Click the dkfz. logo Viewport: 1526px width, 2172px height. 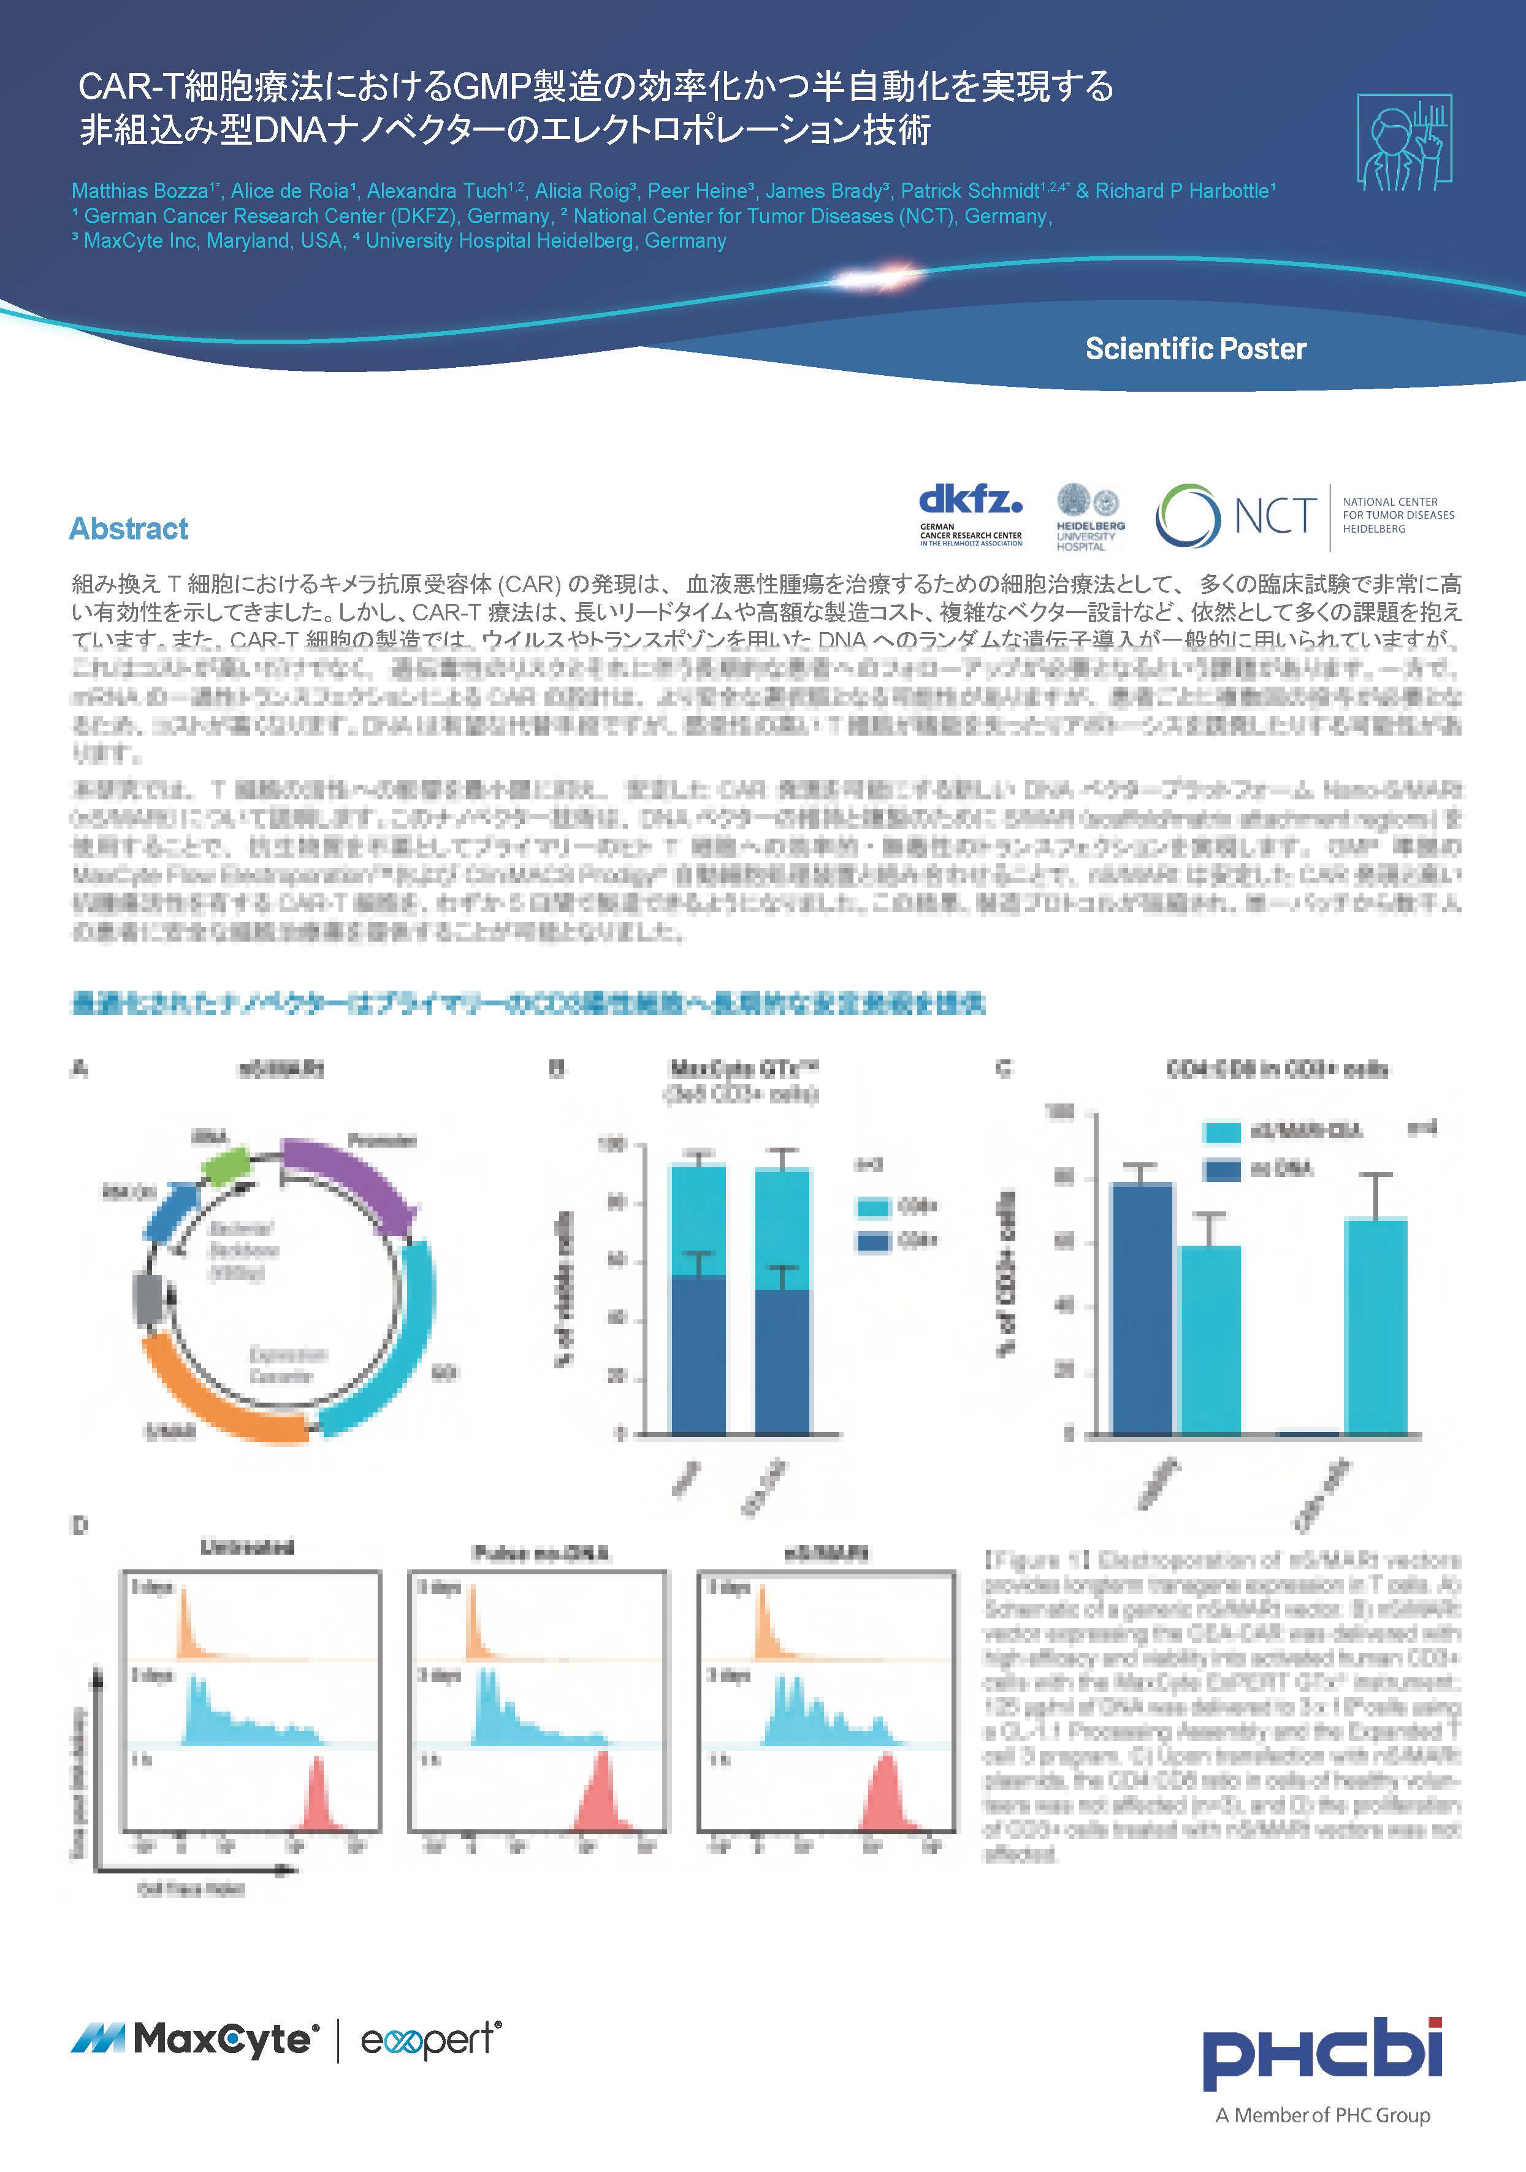[971, 502]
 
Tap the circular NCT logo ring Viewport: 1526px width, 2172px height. [1188, 516]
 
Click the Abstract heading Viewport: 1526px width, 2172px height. [129, 529]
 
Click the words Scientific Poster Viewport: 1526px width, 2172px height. [1195, 349]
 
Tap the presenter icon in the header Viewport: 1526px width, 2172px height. [1404, 142]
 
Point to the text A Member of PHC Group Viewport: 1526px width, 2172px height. [1322, 2115]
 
